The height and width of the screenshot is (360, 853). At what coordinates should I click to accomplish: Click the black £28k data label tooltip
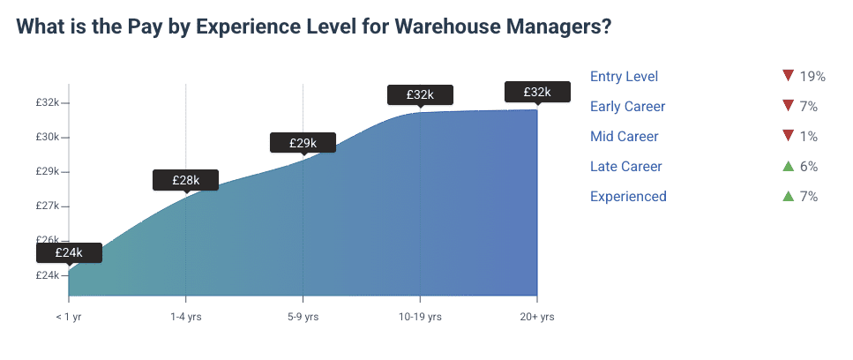click(x=185, y=180)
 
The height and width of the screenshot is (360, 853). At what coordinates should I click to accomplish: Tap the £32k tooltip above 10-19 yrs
click(x=420, y=94)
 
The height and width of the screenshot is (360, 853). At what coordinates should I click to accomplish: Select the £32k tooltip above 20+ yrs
click(x=536, y=92)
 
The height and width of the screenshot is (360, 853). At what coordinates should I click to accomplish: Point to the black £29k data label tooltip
click(x=303, y=142)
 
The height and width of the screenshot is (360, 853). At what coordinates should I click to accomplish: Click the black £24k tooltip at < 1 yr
click(x=69, y=252)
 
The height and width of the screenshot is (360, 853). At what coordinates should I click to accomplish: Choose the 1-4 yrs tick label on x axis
click(x=185, y=317)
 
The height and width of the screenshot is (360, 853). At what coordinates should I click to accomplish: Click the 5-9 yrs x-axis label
click(x=303, y=317)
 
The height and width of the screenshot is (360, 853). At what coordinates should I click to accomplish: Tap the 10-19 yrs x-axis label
click(x=420, y=317)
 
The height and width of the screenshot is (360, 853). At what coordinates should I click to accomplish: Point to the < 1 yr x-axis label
click(x=69, y=317)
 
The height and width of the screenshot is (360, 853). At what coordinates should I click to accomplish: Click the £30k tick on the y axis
click(x=48, y=137)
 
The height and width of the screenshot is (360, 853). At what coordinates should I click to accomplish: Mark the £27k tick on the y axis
click(x=48, y=206)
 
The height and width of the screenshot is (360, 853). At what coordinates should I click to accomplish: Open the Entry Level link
click(x=624, y=77)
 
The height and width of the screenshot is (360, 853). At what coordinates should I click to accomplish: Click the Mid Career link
click(x=624, y=137)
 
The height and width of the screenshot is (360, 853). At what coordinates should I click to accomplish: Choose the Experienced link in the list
click(x=628, y=197)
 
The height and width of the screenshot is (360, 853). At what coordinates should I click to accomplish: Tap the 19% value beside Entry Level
click(x=812, y=77)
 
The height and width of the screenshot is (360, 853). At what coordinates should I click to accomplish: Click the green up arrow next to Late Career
click(x=789, y=166)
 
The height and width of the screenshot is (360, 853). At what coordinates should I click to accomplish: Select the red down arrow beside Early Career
click(x=789, y=107)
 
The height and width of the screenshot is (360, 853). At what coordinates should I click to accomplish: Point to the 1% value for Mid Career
click(x=809, y=137)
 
